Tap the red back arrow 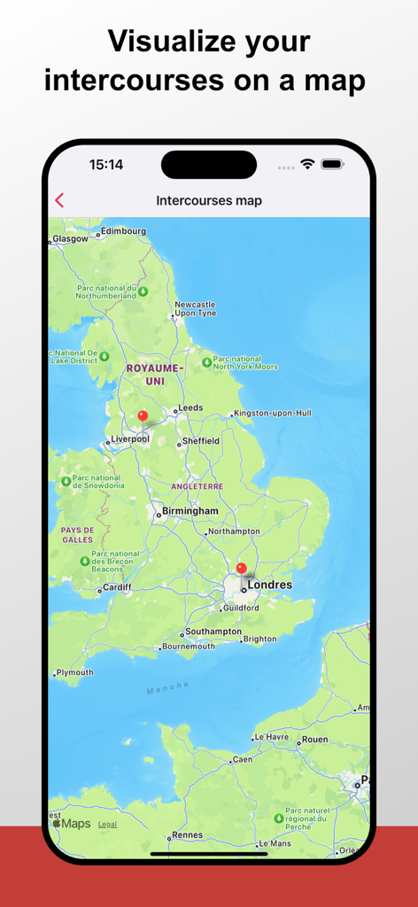59,200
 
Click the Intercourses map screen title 209,200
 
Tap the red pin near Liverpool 143,415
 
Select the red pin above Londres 241,569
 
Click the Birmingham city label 190,511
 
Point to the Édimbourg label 123,231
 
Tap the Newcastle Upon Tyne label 195,308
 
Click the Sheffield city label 202,440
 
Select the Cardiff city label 117,586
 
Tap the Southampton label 213,632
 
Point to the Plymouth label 74,672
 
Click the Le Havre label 272,737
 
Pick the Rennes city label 187,834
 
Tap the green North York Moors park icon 206,362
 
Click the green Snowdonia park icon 65,482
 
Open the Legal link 107,824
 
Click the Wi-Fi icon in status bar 307,164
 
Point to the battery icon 332,164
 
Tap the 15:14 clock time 106,164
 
